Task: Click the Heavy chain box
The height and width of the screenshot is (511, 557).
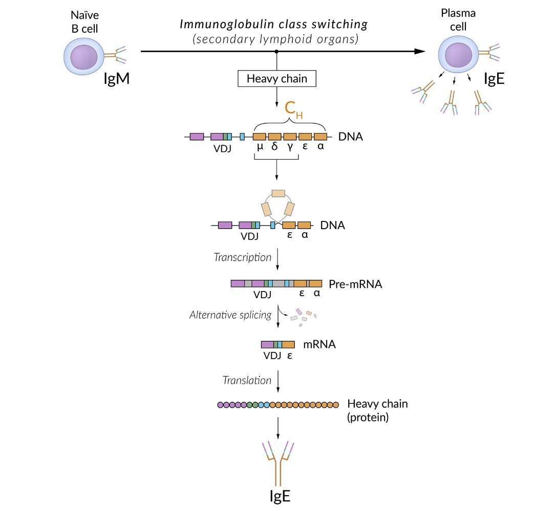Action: [276, 79]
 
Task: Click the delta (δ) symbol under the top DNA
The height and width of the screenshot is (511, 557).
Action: [274, 147]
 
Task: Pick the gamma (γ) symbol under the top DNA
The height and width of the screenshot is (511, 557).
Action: [290, 147]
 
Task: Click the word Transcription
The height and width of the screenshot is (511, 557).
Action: [243, 257]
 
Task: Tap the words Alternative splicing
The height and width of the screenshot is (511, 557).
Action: [230, 315]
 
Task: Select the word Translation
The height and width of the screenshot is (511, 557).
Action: [247, 380]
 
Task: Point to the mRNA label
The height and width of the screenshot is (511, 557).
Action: [319, 344]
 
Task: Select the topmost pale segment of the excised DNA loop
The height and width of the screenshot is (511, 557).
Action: [278, 193]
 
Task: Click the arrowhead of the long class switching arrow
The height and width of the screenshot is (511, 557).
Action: [420, 51]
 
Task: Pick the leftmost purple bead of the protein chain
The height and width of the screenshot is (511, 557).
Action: [221, 405]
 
